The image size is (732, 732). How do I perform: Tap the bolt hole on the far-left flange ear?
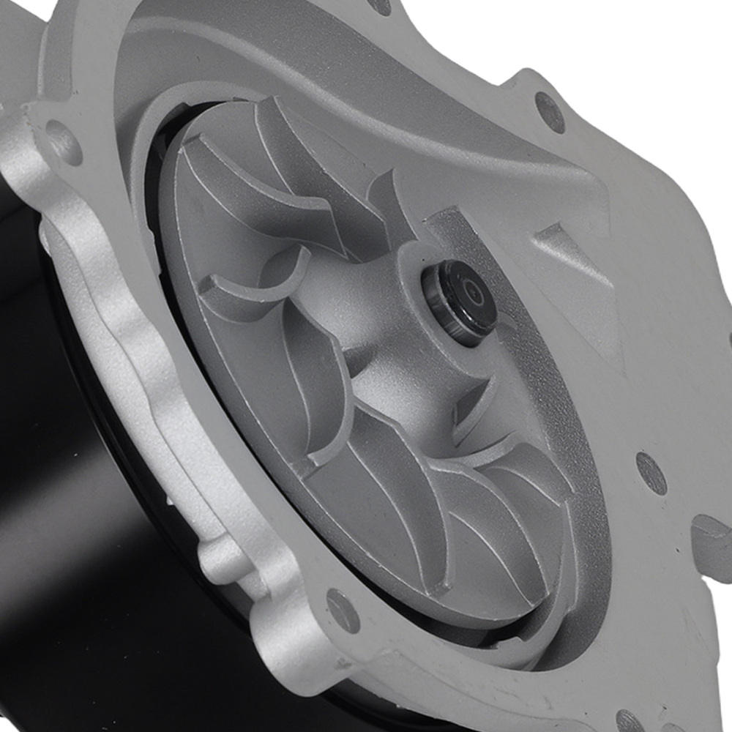pyautogui.click(x=63, y=142)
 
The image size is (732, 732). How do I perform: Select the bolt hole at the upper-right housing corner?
pyautogui.click(x=550, y=112)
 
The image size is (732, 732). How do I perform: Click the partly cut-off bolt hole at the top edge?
pyautogui.click(x=380, y=6)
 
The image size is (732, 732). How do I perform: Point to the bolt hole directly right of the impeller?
pyautogui.click(x=651, y=473)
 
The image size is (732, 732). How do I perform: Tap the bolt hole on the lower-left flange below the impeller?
pyautogui.click(x=343, y=610)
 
